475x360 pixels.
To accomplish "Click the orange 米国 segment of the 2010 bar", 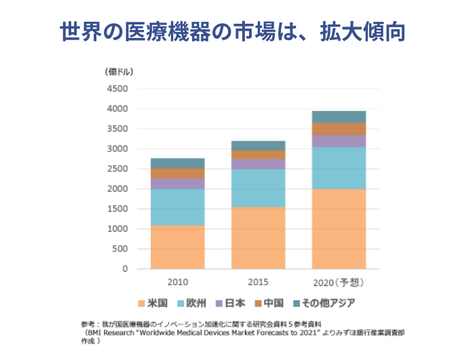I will [177, 247].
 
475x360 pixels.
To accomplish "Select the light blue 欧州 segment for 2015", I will [258, 187].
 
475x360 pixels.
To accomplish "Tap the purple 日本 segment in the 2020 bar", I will [339, 141].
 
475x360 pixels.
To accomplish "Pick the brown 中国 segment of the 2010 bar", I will [177, 173].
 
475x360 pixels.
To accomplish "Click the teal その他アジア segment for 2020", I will [339, 117].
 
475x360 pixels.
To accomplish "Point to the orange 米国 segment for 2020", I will [339, 228].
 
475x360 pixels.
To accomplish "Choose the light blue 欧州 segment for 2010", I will [177, 206].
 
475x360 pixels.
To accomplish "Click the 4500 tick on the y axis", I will [117, 89].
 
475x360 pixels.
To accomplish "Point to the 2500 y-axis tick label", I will [117, 169].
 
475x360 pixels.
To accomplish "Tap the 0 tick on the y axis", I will [125, 269].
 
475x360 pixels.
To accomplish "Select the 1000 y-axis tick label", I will [117, 229].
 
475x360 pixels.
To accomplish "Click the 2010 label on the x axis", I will [177, 282].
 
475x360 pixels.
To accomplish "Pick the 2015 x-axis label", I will [258, 282].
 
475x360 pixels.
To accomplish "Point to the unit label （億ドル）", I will [119, 71].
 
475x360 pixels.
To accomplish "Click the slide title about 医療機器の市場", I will [237, 31].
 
